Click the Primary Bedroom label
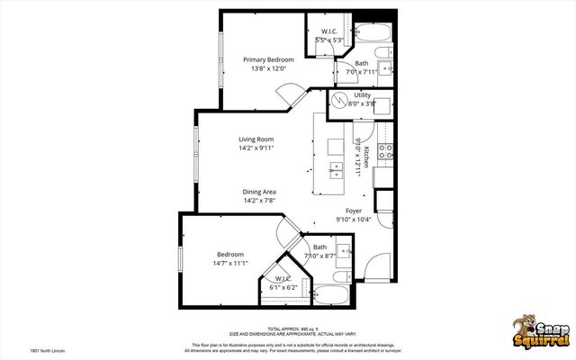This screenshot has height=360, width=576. click(x=268, y=59)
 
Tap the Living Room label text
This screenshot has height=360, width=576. click(x=256, y=139)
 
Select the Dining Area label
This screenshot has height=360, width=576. click(x=258, y=192)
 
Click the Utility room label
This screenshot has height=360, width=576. click(x=362, y=94)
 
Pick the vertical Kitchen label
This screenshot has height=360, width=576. click(x=366, y=157)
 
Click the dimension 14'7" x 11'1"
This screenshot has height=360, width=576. click(x=229, y=264)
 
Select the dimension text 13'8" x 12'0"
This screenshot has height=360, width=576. click(x=268, y=68)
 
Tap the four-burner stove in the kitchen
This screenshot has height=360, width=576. click(x=385, y=152)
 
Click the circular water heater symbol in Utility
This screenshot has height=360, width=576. click(x=341, y=101)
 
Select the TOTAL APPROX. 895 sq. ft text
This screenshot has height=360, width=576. click(x=287, y=328)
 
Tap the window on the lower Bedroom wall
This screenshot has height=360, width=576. click(x=181, y=257)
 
